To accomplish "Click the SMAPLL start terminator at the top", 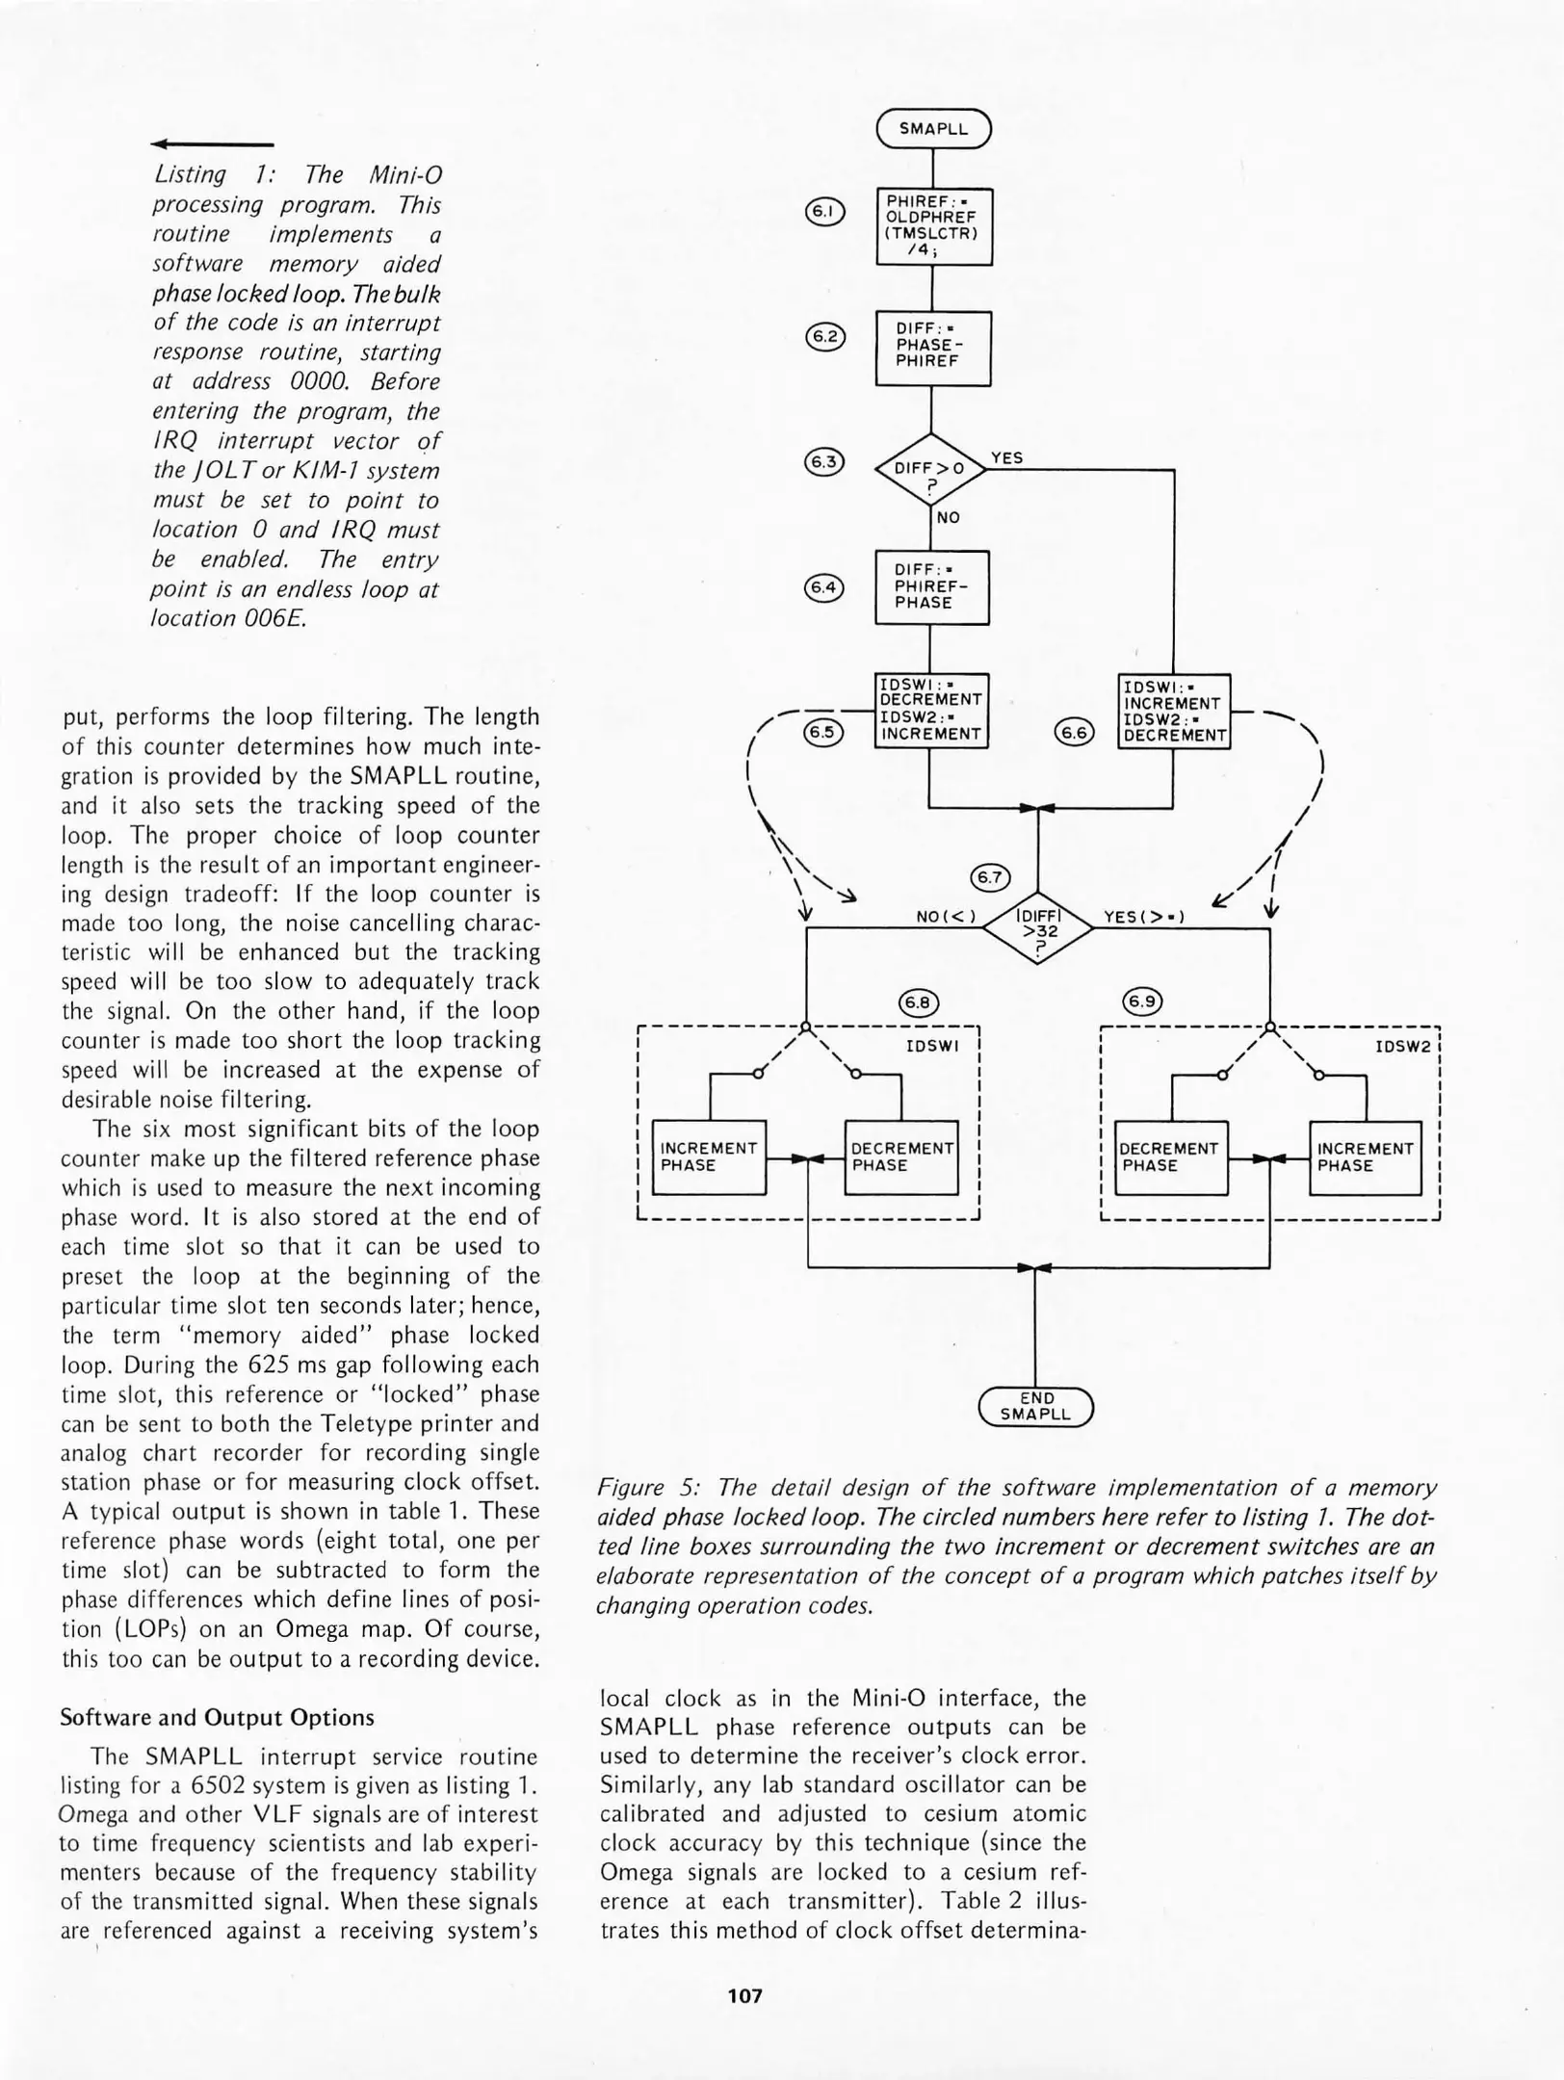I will click(933, 129).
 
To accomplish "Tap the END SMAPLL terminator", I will click(1035, 1407).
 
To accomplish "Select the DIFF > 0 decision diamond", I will click(930, 470).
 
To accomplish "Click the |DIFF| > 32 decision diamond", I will click(1037, 930).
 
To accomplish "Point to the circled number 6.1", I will click(824, 212).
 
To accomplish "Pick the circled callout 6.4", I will click(823, 587).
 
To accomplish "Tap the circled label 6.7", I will click(989, 877).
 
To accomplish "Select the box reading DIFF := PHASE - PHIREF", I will click(932, 348).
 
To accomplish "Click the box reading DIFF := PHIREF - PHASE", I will click(931, 587).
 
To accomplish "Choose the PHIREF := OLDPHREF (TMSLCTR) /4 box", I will click(933, 226).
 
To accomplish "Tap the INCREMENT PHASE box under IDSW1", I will click(709, 1157).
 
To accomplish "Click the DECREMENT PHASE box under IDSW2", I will click(1170, 1157).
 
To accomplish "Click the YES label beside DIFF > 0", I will click(1006, 458).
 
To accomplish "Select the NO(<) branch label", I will click(946, 917).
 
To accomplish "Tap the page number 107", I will click(745, 1996).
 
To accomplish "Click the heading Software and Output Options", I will click(217, 1717).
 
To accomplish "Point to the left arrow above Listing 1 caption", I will click(212, 144).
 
